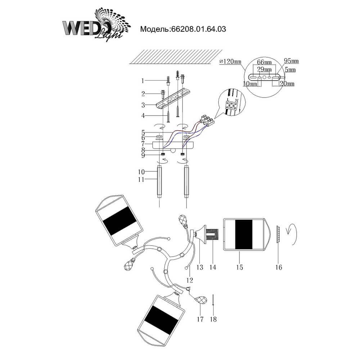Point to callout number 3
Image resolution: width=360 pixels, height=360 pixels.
(143, 105)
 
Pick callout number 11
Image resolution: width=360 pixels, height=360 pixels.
(143, 179)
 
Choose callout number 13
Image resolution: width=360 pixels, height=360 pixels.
(200, 267)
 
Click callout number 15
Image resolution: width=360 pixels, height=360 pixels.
(240, 267)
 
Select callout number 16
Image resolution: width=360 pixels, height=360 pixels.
(279, 267)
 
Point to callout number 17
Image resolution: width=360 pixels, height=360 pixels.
(201, 319)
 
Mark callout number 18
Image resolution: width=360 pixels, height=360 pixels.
(214, 319)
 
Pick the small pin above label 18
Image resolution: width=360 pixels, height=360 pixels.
(214, 300)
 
